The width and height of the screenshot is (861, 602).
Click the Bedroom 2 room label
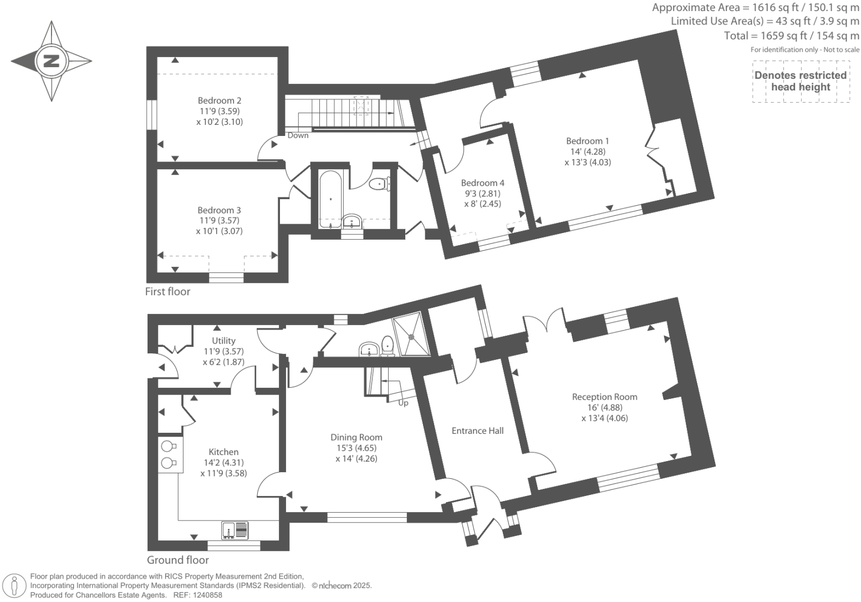coord(219,100)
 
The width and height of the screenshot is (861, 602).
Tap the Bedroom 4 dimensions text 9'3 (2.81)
coord(482,194)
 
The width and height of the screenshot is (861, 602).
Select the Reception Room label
coord(604,397)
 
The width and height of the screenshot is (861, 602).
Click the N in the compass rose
coord(52,61)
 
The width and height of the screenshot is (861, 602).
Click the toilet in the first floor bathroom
coord(379,183)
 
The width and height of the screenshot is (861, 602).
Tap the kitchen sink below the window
coord(235,530)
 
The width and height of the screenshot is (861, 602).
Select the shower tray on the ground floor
coord(411,335)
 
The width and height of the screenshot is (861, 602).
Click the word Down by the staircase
coord(298,135)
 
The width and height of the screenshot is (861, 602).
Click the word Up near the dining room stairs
coord(403,403)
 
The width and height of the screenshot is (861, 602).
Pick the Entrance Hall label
coord(477,431)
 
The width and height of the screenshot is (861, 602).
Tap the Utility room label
coord(223,341)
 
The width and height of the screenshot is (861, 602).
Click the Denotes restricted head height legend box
coord(801,82)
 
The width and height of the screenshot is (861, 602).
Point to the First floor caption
coord(167,291)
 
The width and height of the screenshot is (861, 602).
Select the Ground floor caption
coord(178,560)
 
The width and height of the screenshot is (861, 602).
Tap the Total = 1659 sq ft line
coord(791,36)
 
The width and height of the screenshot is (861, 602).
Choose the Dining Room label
coord(356,437)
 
